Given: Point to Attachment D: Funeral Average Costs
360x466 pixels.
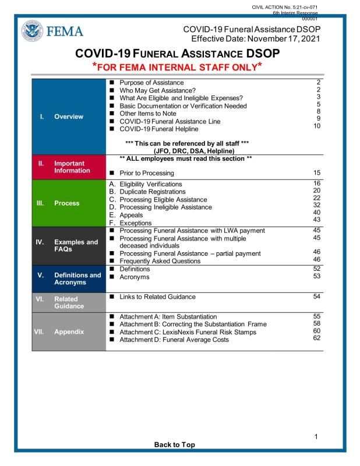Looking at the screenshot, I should click(173, 340).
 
